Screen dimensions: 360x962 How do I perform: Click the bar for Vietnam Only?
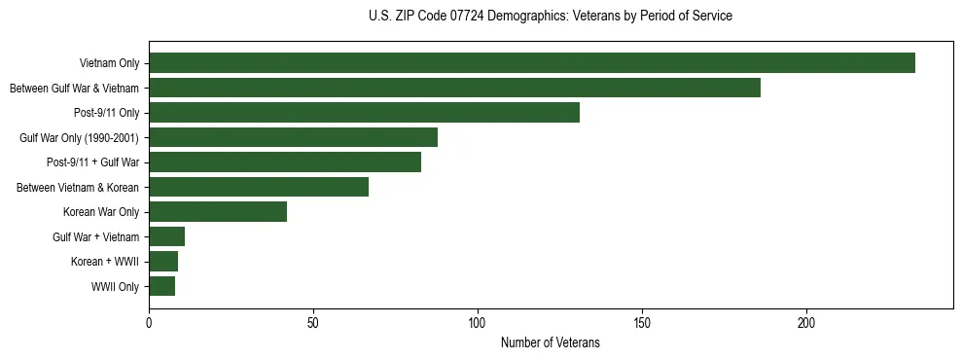pos(532,63)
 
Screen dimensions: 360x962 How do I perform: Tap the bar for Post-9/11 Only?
pos(364,113)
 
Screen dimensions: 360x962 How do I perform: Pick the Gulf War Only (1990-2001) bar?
pos(293,137)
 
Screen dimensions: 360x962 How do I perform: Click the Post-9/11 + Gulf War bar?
pos(285,162)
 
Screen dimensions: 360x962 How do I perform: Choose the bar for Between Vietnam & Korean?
pos(259,187)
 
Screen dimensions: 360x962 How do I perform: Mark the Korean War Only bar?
pos(218,212)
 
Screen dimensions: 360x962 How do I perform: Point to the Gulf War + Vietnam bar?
pos(166,236)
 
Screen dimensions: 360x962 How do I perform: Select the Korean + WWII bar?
pos(163,262)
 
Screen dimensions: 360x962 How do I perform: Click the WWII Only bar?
pos(161,286)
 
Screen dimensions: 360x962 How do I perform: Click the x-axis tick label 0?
pos(149,322)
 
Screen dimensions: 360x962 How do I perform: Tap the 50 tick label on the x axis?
pos(313,322)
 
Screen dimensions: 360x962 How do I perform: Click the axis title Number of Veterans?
pos(551,342)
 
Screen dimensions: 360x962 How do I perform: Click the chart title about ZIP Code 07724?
pos(551,17)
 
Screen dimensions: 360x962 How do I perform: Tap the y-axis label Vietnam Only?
pos(109,64)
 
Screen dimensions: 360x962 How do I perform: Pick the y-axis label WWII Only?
pos(115,287)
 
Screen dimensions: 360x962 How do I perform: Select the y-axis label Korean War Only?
pos(101,212)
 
